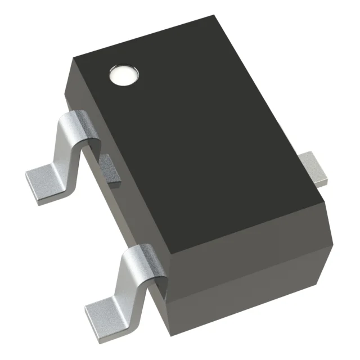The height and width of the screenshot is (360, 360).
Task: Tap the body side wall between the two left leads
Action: click(x=124, y=214)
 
